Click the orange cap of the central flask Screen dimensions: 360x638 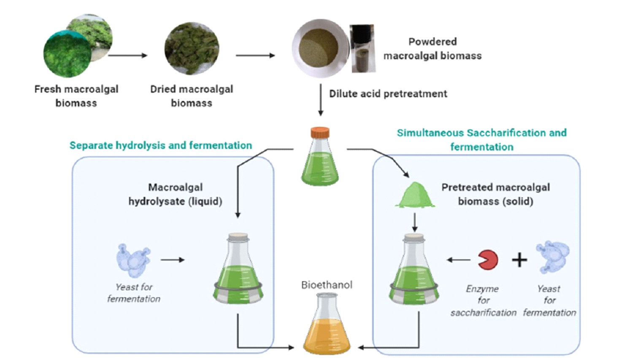320,133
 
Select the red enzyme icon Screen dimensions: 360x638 488,260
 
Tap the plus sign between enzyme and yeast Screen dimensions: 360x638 519,260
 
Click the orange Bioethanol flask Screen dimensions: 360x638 327,327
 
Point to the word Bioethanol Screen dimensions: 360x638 327,285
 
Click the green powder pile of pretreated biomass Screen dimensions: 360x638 415,195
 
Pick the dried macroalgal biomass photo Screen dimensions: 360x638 192,49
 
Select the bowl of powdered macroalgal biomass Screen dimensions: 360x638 318,48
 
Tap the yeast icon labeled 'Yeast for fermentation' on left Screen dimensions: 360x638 133,260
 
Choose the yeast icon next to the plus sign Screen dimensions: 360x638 553,255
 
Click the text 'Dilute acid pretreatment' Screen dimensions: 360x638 388,94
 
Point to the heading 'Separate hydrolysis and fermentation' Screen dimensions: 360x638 160,146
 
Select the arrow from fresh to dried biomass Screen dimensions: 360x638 127,55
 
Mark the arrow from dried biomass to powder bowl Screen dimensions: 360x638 255,55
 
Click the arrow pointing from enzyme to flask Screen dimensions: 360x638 458,260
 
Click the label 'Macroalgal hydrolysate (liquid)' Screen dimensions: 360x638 175,194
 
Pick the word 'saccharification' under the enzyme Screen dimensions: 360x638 483,313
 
